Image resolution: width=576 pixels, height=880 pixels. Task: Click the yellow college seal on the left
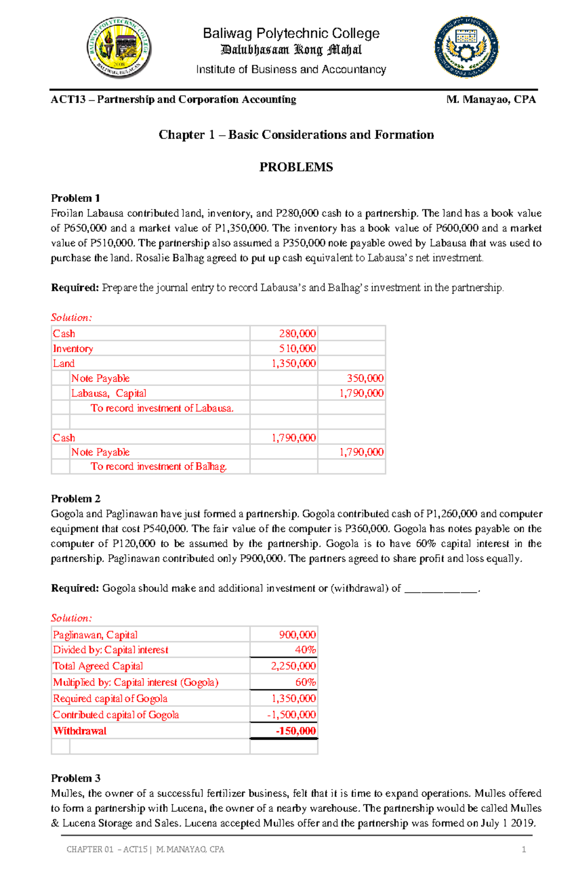[x=120, y=48]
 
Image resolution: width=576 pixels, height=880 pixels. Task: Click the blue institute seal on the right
[x=466, y=47]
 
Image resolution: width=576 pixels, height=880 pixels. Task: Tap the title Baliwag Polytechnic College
[x=291, y=34]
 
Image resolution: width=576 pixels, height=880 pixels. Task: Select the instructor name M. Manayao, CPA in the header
[x=491, y=99]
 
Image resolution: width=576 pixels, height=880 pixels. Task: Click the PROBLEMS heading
[x=296, y=167]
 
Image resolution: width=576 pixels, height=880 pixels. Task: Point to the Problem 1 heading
[x=75, y=198]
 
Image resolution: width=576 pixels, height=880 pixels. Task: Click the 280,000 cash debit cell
[x=297, y=333]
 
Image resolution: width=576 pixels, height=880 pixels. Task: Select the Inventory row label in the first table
[x=73, y=349]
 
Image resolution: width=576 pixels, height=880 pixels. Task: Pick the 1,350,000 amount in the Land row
[x=293, y=364]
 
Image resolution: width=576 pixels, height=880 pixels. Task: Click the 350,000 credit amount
[x=365, y=378]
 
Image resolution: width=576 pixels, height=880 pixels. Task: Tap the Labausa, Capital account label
[x=108, y=393]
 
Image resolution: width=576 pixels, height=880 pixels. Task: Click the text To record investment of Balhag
[x=158, y=467]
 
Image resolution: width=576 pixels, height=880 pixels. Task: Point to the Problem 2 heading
[x=75, y=499]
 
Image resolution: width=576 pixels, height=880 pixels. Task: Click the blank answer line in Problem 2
[x=441, y=589]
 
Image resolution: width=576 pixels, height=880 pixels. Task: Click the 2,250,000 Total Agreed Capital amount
[x=293, y=666]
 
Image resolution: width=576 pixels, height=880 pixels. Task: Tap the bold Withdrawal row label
[x=80, y=731]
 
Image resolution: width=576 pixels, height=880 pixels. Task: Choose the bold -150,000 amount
[x=295, y=731]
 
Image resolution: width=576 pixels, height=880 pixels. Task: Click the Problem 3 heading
[x=75, y=778]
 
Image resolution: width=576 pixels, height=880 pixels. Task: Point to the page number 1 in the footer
[x=524, y=849]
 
